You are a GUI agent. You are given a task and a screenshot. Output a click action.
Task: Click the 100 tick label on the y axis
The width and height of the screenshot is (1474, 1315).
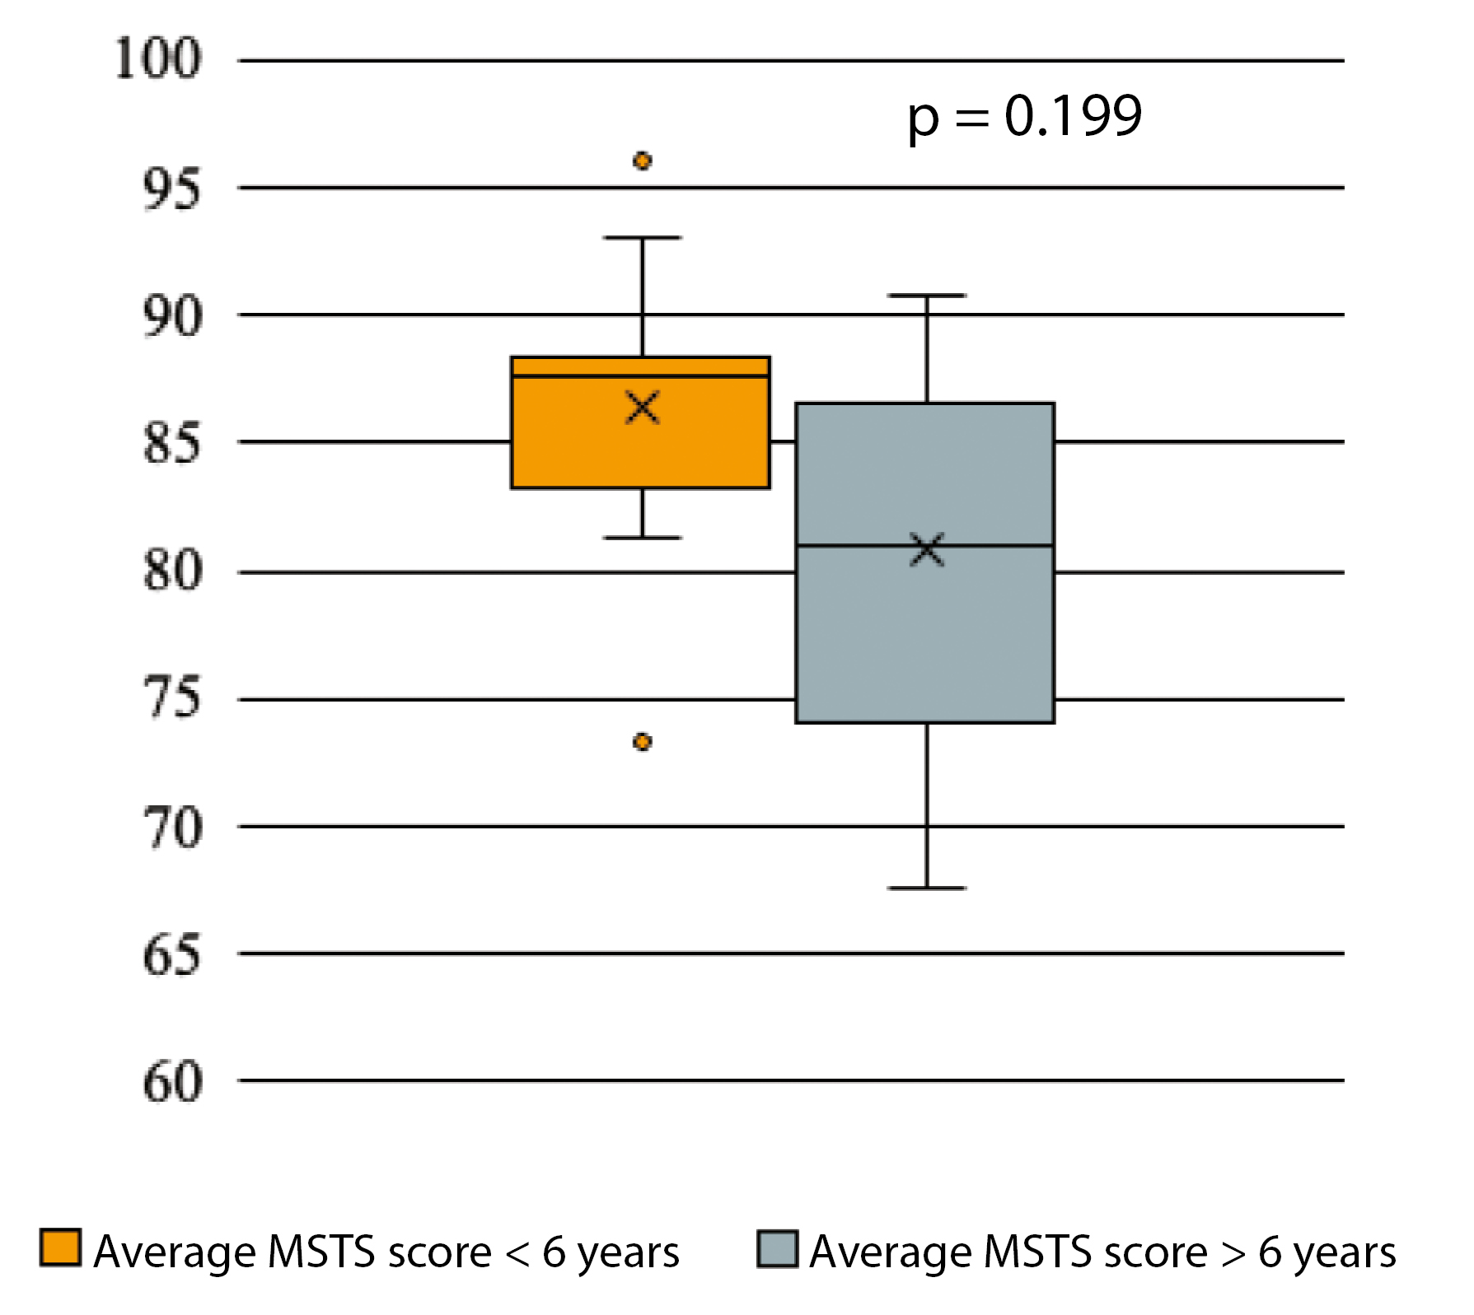pos(157,59)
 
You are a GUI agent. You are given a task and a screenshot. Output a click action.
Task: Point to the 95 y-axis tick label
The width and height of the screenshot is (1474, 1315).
pos(171,189)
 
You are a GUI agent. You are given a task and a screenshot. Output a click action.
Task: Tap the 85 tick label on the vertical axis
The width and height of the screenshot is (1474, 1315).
pos(171,443)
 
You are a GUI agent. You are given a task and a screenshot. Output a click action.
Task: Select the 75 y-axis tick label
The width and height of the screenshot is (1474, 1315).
pos(171,699)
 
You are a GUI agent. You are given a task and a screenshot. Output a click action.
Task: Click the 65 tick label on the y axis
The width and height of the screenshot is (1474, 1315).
pos(171,954)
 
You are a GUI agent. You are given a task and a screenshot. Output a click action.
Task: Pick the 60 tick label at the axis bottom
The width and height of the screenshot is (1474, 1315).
pos(171,1081)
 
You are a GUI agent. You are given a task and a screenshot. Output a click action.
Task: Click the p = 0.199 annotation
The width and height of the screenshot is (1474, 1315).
pos(1024,117)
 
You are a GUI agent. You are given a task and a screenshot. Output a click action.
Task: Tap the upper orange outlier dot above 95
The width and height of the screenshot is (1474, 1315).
pos(643,161)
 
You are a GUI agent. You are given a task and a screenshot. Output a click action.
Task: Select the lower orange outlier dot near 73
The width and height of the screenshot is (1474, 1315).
pos(643,742)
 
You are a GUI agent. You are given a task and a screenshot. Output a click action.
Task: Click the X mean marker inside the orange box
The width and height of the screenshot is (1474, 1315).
pos(643,408)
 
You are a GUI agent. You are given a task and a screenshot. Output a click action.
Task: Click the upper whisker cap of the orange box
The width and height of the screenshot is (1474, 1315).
pos(643,237)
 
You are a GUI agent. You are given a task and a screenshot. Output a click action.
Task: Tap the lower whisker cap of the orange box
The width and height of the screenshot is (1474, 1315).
pos(643,538)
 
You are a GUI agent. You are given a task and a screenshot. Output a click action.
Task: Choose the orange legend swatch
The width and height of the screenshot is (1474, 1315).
pos(60,1247)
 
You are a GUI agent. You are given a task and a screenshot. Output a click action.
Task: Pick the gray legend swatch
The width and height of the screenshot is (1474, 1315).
pos(777,1249)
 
